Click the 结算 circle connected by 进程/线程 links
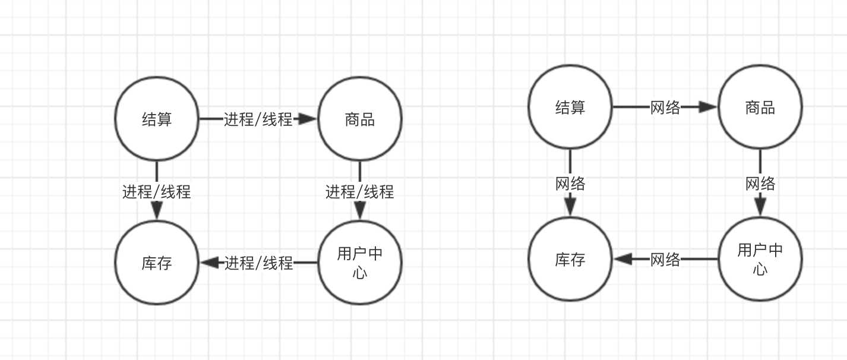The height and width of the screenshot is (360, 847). pos(157,119)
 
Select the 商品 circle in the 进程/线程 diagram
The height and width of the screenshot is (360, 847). pos(359,119)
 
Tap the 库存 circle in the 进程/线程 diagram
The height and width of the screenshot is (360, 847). pos(157,263)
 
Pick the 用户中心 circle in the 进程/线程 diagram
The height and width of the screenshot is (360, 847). pos(359,263)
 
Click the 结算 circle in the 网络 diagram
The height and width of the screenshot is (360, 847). pos(570,107)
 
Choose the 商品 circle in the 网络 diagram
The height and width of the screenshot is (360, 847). pos(760,107)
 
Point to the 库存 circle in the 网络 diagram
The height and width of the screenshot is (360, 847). pos(570,259)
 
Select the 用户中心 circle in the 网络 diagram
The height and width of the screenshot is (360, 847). pos(760,259)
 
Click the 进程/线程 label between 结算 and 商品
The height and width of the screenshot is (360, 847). pos(258,119)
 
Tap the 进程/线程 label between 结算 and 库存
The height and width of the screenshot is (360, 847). pos(157,192)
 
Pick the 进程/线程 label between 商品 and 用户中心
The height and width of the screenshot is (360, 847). pos(359,192)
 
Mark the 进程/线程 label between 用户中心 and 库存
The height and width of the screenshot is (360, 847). pos(258,263)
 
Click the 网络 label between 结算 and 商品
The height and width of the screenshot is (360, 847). pos(665,108)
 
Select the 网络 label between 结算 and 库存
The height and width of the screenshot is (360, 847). pos(570,184)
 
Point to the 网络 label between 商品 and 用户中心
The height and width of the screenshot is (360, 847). pos(760,184)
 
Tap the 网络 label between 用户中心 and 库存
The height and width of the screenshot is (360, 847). pos(665,260)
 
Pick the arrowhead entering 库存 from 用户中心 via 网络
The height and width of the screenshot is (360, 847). pos(624,259)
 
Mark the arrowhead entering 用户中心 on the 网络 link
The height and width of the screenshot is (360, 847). pos(760,206)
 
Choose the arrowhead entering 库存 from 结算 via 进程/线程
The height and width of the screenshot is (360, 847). pos(157,210)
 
